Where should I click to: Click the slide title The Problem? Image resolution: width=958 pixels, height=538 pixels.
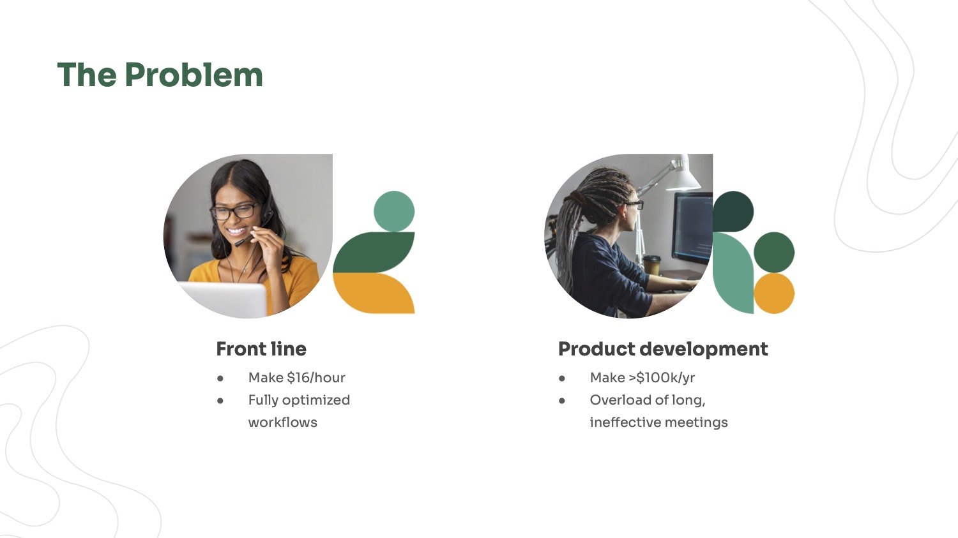[x=160, y=75]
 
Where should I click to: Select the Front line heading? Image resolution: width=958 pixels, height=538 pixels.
[x=261, y=348]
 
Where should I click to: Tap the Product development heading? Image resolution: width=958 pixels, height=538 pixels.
[x=663, y=350]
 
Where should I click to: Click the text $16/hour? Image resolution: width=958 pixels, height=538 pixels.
[x=316, y=377]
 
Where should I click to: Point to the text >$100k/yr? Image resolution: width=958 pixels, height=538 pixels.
[x=662, y=378]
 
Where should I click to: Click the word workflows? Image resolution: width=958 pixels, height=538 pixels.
[x=283, y=422]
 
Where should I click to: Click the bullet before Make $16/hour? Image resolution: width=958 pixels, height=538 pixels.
[x=220, y=378]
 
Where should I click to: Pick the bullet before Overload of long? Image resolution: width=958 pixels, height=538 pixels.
[x=562, y=401]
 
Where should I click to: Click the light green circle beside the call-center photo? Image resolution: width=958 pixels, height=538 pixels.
[x=394, y=211]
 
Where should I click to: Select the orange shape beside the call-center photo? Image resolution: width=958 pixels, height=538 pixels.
[x=374, y=293]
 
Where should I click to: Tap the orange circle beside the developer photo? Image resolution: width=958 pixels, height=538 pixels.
[x=774, y=293]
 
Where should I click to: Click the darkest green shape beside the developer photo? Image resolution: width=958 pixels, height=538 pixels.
[x=732, y=211]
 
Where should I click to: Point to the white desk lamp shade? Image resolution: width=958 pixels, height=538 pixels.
[x=683, y=177]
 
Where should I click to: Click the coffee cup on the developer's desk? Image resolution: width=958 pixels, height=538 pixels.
[x=652, y=265]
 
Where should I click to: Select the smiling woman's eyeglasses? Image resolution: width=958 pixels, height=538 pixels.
[x=234, y=211]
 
